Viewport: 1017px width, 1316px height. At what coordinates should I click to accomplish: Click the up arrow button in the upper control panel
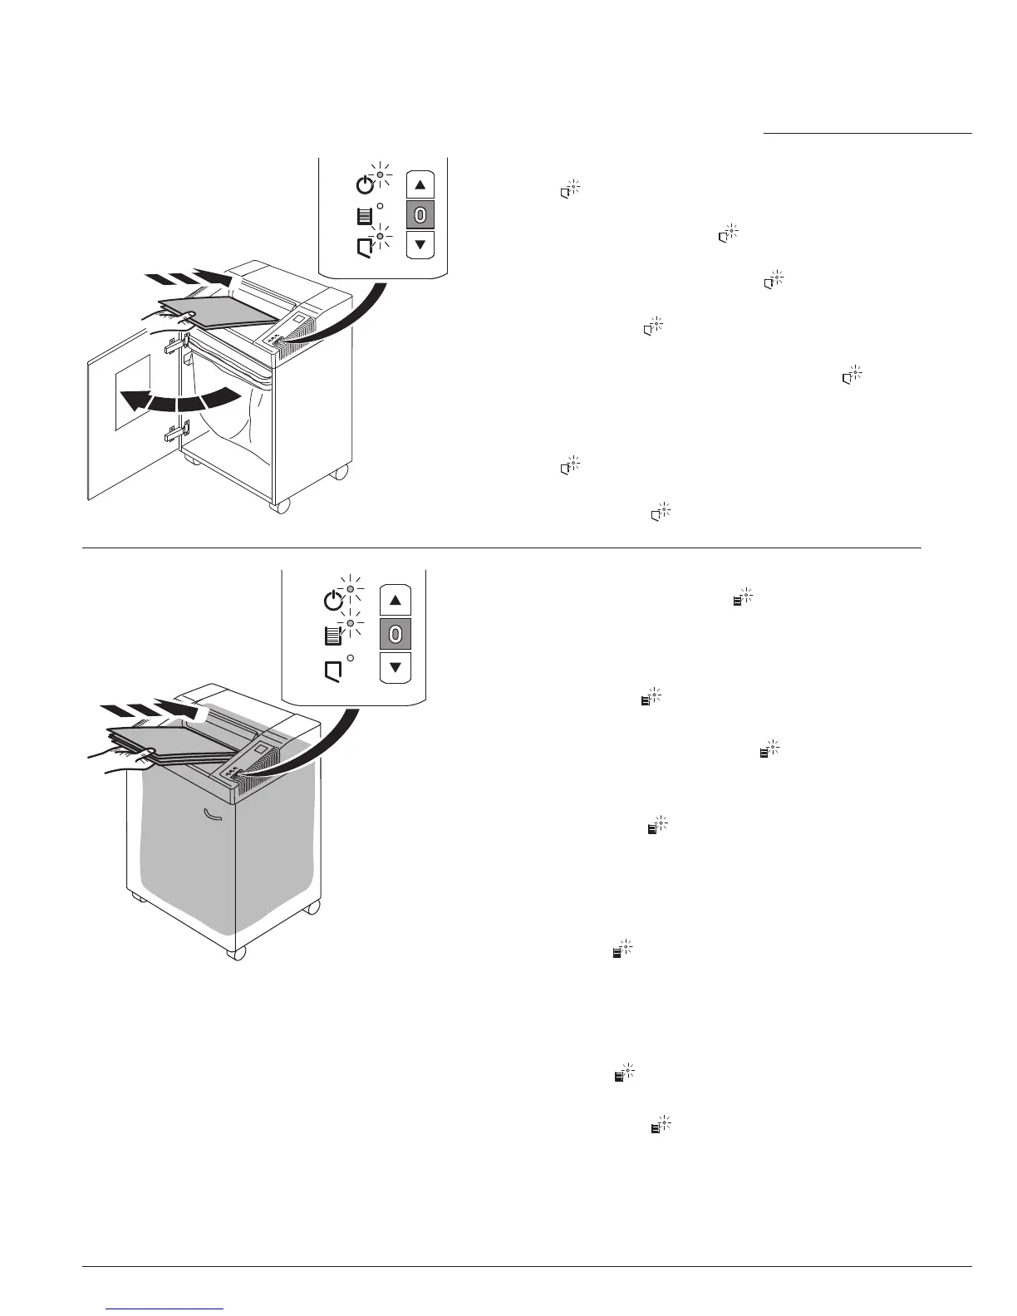[x=420, y=185]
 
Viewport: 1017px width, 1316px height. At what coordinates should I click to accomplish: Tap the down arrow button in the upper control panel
[x=420, y=244]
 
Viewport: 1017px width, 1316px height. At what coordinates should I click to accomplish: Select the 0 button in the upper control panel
[x=420, y=215]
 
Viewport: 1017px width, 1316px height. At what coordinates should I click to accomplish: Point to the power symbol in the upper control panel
[x=364, y=184]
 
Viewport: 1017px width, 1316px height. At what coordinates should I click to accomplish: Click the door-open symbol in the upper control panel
[x=364, y=246]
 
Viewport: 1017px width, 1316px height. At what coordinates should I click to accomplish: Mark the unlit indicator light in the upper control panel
[x=380, y=206]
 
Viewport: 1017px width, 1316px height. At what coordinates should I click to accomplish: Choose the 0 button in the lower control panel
[x=395, y=634]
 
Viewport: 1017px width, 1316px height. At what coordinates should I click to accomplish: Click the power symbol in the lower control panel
[x=332, y=599]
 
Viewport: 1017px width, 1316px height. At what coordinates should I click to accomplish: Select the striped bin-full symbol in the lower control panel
[x=332, y=636]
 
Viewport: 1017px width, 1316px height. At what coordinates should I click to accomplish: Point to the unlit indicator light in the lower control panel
[x=351, y=658]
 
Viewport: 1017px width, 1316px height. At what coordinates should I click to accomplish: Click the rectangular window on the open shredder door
[x=133, y=391]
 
